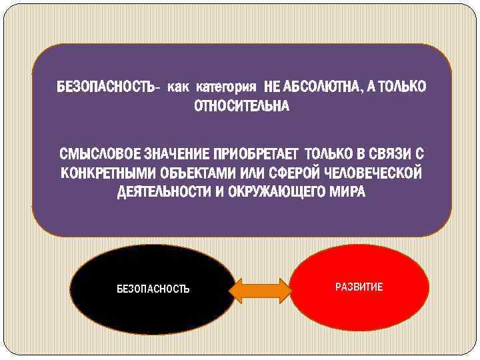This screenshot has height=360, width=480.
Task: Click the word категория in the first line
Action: [227, 87]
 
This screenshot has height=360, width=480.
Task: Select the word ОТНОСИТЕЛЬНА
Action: [241, 107]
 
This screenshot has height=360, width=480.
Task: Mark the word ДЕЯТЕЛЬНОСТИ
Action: [159, 193]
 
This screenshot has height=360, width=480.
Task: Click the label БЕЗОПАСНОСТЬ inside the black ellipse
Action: [153, 289]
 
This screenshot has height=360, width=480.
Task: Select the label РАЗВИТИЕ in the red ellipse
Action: [359, 287]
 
